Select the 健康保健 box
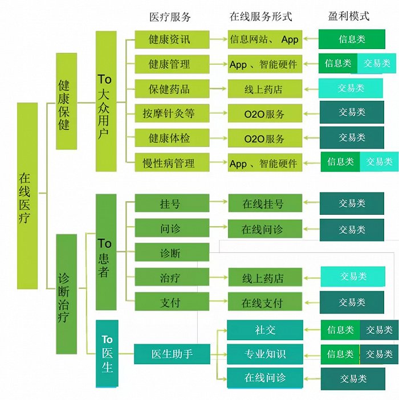66,101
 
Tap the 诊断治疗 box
66,293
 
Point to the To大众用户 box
105,101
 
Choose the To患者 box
105,252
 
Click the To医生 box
107,354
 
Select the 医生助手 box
172,354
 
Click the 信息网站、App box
264,40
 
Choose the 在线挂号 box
264,203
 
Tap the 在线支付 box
264,303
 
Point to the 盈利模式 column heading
349,16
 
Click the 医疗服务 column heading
169,17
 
